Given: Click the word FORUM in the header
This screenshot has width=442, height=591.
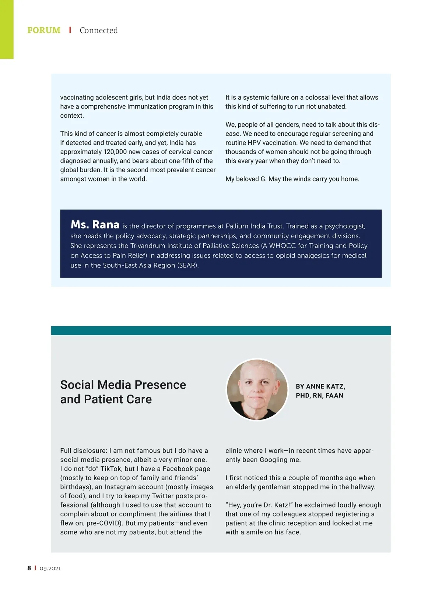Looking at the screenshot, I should [44, 30].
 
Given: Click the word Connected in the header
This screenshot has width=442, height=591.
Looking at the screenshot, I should [99, 30].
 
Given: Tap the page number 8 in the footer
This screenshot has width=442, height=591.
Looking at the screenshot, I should [29, 568].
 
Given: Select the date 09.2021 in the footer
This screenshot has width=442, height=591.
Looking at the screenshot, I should [50, 568].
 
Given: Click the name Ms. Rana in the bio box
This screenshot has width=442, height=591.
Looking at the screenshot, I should [95, 224].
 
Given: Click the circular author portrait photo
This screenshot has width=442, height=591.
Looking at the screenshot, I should [257, 389].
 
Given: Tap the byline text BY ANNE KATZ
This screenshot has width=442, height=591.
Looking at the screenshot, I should [320, 386].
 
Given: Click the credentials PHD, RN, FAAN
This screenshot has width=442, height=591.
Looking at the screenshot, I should [319, 396].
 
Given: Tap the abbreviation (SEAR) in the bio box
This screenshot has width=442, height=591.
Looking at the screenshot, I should [188, 265].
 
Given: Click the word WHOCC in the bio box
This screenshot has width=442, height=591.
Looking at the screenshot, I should [283, 246].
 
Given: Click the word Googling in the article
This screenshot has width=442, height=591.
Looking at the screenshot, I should [274, 460].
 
